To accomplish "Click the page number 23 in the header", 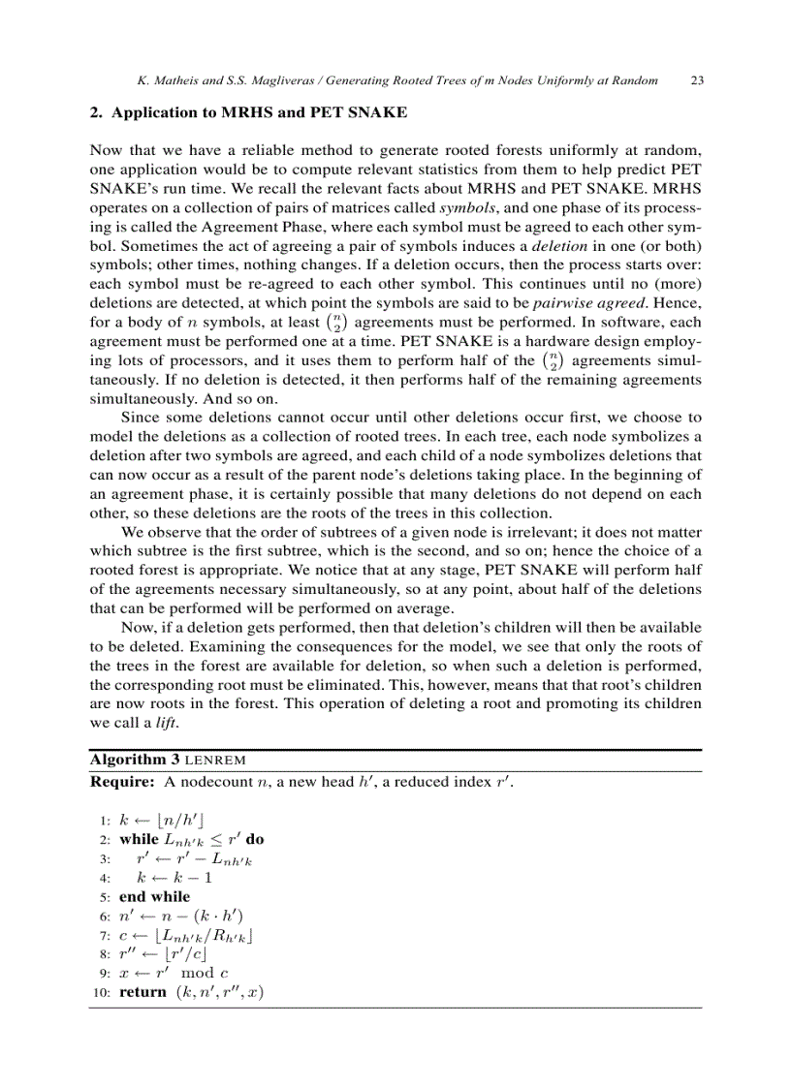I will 696,81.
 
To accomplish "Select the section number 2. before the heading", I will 95,112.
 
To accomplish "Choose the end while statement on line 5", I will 154,897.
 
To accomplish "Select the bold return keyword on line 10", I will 142,992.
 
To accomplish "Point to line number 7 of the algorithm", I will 103,936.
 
